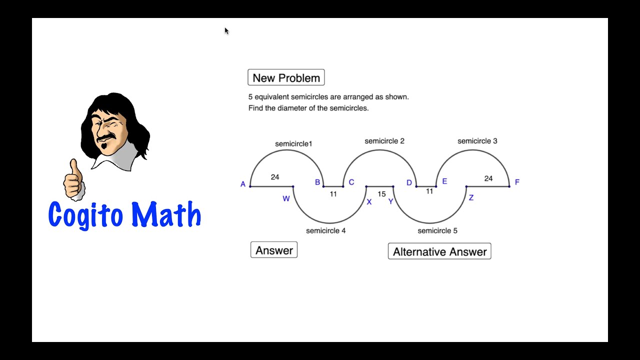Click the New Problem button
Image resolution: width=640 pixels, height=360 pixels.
tap(286, 78)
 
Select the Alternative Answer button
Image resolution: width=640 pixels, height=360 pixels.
tap(439, 251)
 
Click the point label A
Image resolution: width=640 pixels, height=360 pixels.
tap(243, 184)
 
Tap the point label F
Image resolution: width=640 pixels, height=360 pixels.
tap(517, 182)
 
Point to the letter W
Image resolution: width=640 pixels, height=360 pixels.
tap(286, 198)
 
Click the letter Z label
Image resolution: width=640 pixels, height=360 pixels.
tap(471, 198)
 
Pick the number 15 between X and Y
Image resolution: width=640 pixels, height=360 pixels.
tap(381, 194)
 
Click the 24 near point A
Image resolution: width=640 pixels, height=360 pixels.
tap(274, 177)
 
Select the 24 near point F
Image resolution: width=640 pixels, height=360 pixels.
tap(488, 178)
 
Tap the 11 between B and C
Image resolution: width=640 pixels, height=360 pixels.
tap(333, 194)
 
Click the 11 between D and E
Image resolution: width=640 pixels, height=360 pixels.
tap(429, 191)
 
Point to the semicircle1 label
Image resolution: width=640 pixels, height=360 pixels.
tap(293, 144)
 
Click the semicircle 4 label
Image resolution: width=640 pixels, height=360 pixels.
tap(325, 230)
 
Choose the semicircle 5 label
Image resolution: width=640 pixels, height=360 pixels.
tap(437, 230)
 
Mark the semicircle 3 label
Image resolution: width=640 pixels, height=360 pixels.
tap(477, 141)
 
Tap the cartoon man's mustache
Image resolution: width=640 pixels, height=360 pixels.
tap(106, 135)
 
